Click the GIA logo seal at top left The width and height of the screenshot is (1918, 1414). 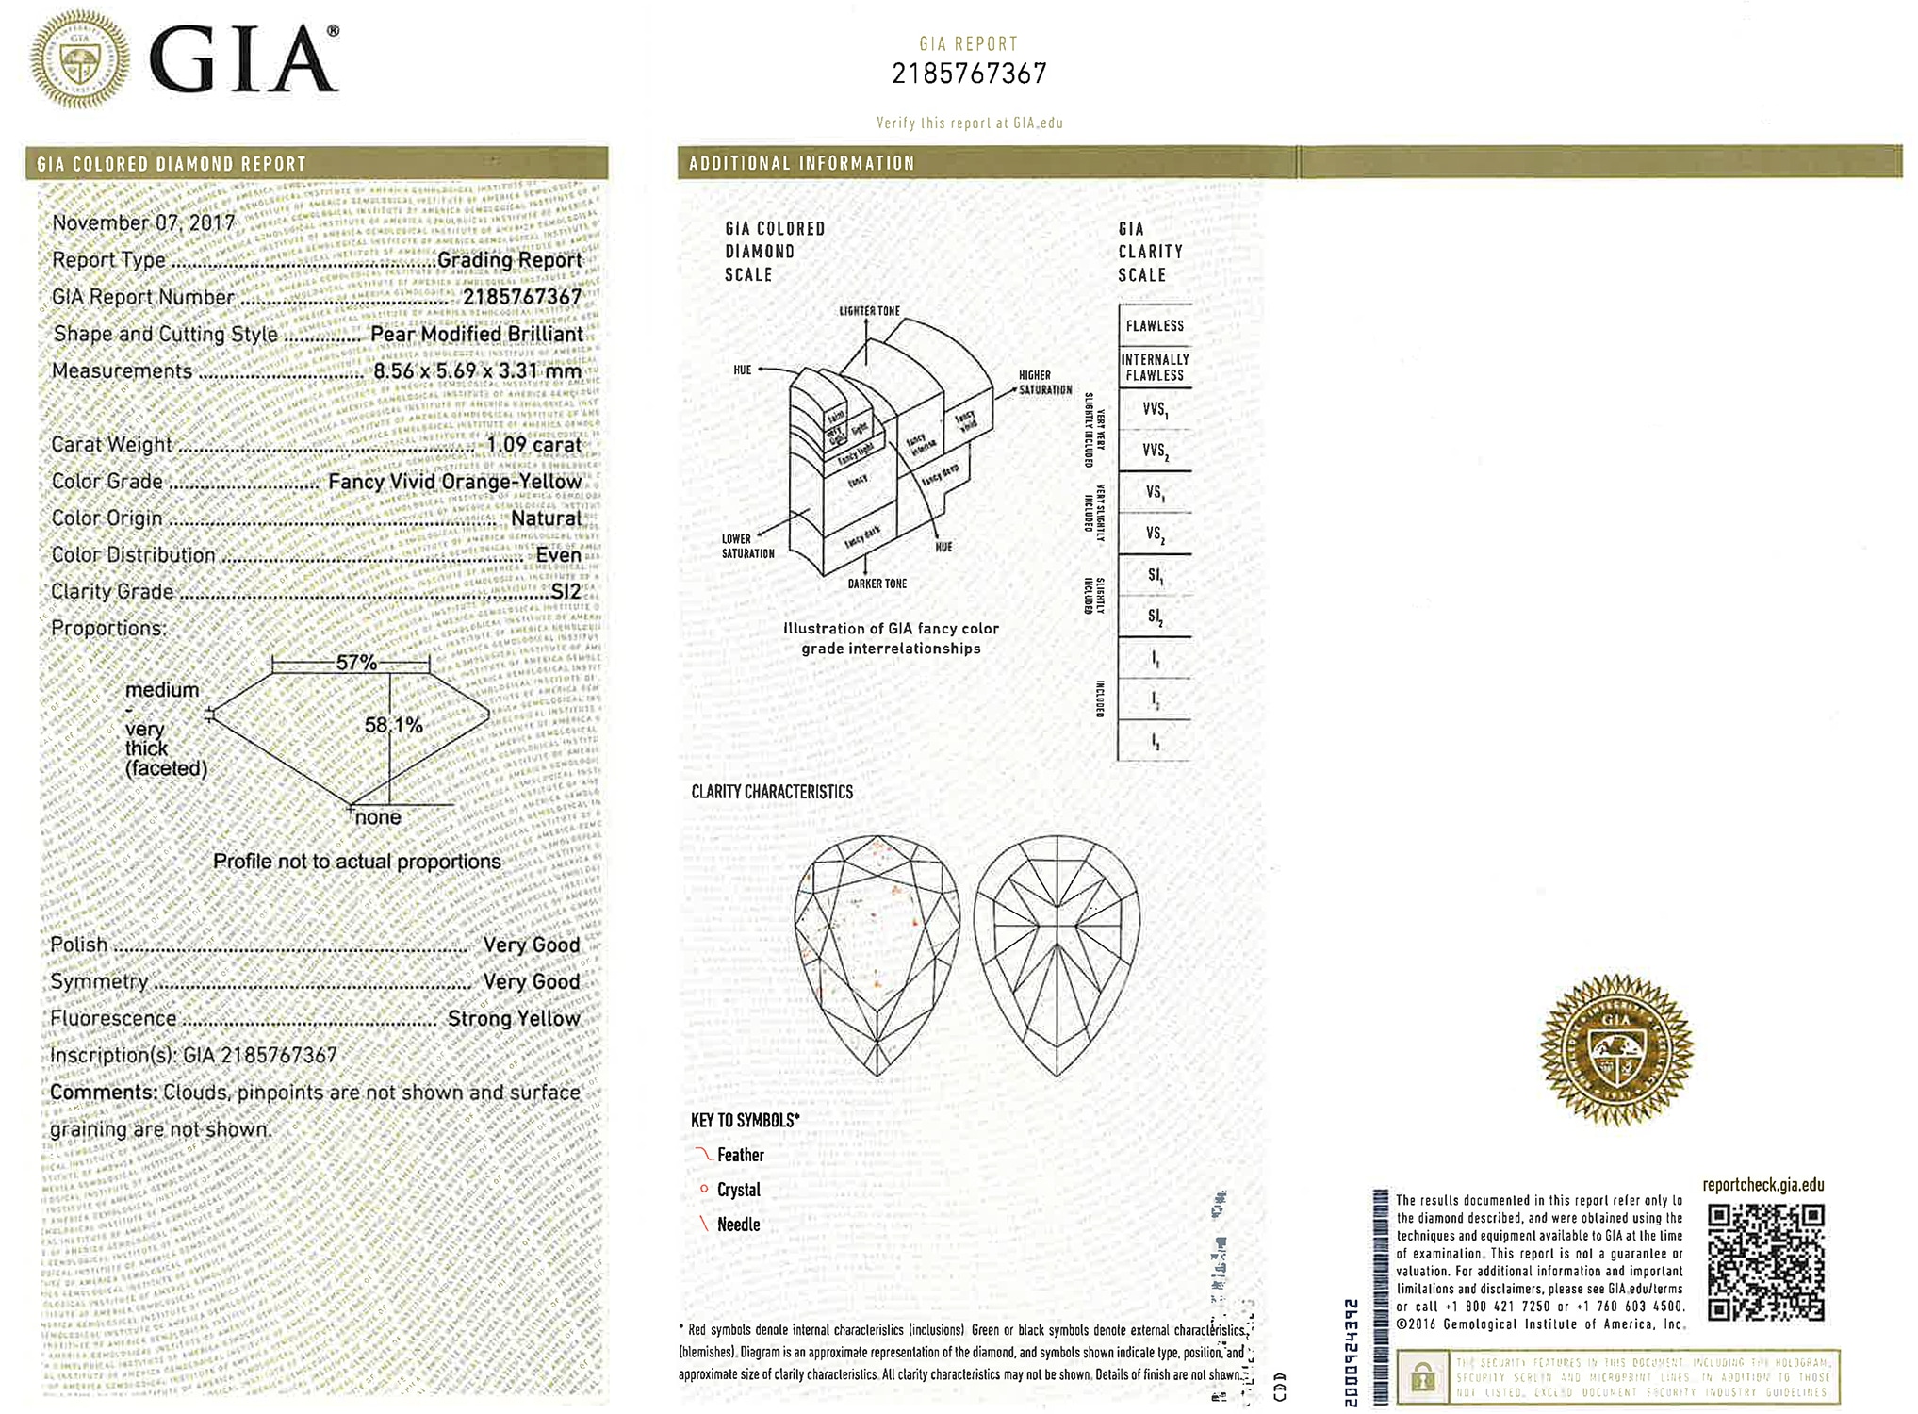pyautogui.click(x=80, y=59)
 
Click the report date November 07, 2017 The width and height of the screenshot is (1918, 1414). pyautogui.click(x=143, y=223)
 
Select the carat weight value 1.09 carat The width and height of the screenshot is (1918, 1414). pyautogui.click(x=533, y=445)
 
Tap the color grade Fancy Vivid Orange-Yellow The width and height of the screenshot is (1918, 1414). pyautogui.click(x=454, y=482)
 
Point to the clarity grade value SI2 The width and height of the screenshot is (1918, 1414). pyautogui.click(x=566, y=592)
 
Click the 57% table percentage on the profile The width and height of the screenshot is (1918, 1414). pyautogui.click(x=356, y=663)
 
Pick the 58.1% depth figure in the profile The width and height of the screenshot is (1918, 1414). pyautogui.click(x=393, y=725)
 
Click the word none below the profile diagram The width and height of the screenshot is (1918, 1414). pyautogui.click(x=378, y=817)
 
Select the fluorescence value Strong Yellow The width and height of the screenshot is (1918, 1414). pyautogui.click(x=514, y=1019)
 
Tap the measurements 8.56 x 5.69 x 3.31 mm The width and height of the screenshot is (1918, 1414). pyautogui.click(x=477, y=371)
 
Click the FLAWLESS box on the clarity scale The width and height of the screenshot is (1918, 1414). pyautogui.click(x=1155, y=326)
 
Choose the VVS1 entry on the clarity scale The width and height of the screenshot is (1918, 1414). pyautogui.click(x=1155, y=410)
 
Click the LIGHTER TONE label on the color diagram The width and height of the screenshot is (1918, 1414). pyautogui.click(x=869, y=311)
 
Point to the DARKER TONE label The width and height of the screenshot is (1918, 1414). pyautogui.click(x=877, y=584)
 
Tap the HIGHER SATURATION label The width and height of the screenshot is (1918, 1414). pyautogui.click(x=1044, y=383)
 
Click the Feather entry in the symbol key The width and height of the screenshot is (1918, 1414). pyautogui.click(x=740, y=1155)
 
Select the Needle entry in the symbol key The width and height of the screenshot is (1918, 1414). pyautogui.click(x=738, y=1225)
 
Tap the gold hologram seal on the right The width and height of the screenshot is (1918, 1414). pyautogui.click(x=1615, y=1049)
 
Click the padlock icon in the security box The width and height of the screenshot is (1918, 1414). pyautogui.click(x=1422, y=1379)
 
